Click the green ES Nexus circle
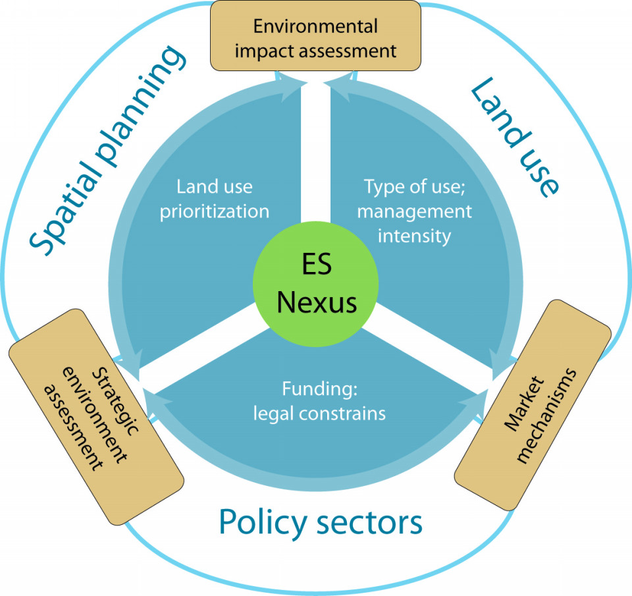[316, 284]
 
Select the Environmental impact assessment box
[315, 36]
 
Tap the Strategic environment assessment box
[96, 418]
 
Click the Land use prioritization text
[214, 198]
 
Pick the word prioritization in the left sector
[214, 211]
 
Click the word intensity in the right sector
[414, 235]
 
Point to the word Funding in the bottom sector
[319, 389]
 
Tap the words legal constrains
[319, 414]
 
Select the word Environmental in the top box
[315, 26]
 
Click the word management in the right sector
[414, 211]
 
